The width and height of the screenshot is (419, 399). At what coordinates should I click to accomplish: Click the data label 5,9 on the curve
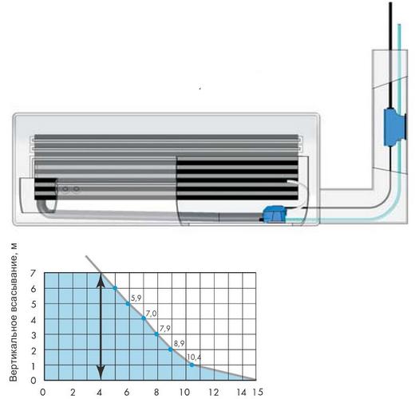point(136,298)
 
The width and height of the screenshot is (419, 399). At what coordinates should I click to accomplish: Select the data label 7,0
point(152,313)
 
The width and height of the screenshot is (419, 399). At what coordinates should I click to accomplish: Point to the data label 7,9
point(164,329)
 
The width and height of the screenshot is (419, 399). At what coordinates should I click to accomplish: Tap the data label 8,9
point(179,343)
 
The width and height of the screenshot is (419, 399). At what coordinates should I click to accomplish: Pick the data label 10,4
point(194,357)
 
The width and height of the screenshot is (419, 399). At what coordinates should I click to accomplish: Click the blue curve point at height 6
point(115,288)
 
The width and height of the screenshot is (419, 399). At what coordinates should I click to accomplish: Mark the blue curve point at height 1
point(192,365)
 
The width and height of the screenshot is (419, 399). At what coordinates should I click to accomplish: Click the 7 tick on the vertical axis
point(33,273)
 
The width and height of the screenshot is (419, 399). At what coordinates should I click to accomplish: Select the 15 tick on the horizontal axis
point(257,392)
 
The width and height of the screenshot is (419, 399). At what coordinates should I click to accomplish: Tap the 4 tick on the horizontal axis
point(99,393)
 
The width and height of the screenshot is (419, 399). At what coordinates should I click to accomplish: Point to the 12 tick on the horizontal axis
point(213,393)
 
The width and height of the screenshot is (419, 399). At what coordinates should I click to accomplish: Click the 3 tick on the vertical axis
point(34,335)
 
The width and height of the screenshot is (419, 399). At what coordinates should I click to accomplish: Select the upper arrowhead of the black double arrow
point(101,281)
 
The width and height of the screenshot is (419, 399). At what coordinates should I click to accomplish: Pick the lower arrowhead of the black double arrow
point(101,372)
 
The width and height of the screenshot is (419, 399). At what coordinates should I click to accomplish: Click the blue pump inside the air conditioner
point(273,214)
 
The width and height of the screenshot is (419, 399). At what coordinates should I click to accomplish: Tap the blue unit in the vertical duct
point(395,127)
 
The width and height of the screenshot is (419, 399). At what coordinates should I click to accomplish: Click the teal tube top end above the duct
point(399,25)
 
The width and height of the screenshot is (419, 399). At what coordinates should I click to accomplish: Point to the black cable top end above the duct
point(391,3)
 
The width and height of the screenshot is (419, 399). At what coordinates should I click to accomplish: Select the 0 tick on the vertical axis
point(34,381)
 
